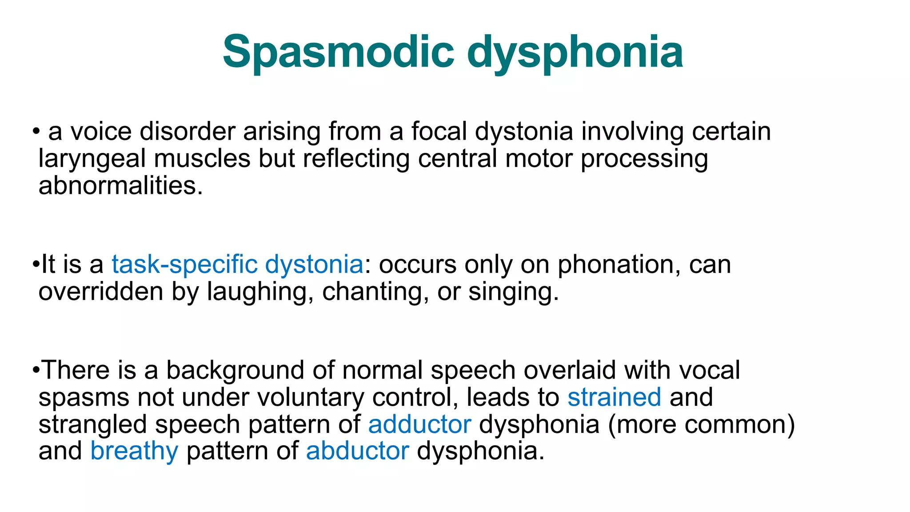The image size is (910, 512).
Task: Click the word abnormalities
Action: pyautogui.click(x=120, y=185)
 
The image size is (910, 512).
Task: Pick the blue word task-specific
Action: pyautogui.click(x=184, y=264)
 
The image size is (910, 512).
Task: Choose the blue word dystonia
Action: pyautogui.click(x=314, y=264)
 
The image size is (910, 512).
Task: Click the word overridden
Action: pyautogui.click(x=101, y=292)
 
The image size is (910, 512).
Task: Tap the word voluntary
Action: pyautogui.click(x=311, y=397)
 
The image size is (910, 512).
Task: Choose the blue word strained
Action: pyautogui.click(x=614, y=397)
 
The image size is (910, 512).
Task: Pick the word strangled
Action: pyautogui.click(x=92, y=424)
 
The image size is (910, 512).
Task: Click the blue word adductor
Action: pyautogui.click(x=419, y=424)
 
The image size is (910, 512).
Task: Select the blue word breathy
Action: pyautogui.click(x=134, y=451)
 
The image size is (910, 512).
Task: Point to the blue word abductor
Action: pyautogui.click(x=357, y=451)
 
